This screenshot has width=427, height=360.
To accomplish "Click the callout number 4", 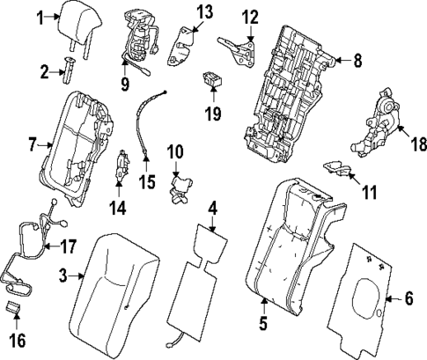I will (211, 209).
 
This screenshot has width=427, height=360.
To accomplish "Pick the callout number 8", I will (357, 62).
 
